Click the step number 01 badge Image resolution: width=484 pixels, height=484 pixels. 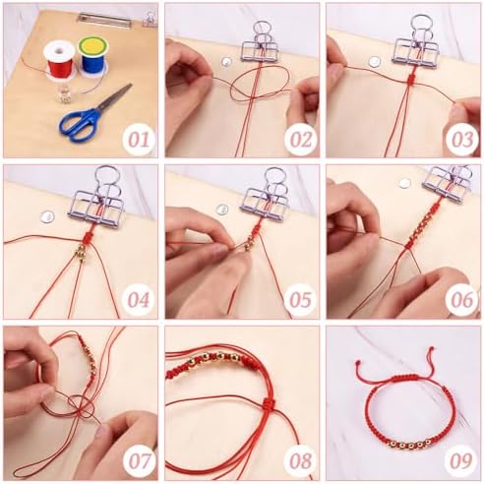click(139, 140)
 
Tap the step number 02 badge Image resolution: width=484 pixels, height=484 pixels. click(300, 140)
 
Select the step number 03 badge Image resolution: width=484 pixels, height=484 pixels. click(462, 140)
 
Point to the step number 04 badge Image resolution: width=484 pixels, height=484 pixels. click(139, 300)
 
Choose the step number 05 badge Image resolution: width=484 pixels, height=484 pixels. click(300, 300)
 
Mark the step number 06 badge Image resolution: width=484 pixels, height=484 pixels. click(462, 300)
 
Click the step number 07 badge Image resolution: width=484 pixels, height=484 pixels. click(139, 460)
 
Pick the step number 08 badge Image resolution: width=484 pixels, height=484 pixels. click(300, 460)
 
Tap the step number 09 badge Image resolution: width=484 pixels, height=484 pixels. click(462, 460)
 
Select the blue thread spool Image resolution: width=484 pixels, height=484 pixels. click(92, 55)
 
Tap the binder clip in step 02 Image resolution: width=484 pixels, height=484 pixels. click(261, 42)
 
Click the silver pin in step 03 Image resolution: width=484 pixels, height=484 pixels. click(374, 61)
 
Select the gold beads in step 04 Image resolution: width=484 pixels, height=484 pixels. click(80, 253)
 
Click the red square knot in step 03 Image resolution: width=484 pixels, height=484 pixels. click(410, 79)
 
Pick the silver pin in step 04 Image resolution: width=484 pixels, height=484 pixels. click(47, 216)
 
